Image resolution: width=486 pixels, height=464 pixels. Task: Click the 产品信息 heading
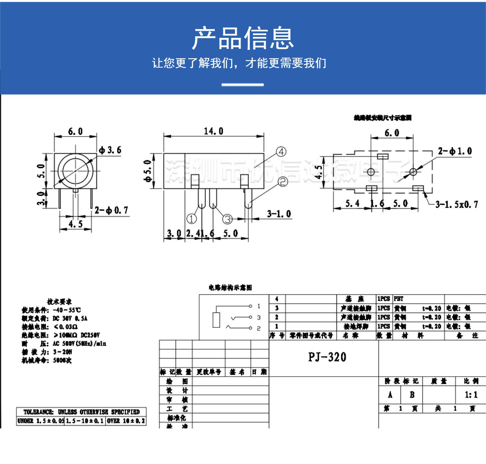point(243,38)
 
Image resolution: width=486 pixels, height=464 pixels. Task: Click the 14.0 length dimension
point(213,131)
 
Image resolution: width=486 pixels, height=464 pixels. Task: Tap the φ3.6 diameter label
point(110,150)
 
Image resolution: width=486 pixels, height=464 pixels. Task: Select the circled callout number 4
point(281,152)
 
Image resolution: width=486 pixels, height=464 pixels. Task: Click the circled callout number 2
point(283,182)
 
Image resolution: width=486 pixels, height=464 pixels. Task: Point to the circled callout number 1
point(191,219)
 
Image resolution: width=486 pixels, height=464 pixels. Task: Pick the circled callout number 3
point(228,219)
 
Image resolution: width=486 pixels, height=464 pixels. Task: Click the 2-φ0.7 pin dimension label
point(111,211)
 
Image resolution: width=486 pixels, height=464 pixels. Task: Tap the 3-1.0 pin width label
point(279,214)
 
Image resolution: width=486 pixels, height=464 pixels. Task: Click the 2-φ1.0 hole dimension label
point(455,151)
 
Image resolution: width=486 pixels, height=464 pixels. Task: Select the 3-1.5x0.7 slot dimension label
point(457,204)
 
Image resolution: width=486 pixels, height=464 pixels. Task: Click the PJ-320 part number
point(327,357)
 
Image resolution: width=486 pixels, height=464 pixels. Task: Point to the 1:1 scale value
point(471,395)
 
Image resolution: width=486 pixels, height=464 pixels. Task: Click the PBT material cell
point(399,299)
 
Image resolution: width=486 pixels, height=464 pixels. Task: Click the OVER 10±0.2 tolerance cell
point(126,421)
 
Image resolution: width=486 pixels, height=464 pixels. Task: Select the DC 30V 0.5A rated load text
point(70,318)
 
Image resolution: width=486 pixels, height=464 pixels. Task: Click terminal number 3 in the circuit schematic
point(259,317)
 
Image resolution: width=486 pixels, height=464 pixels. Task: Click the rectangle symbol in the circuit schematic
point(216,320)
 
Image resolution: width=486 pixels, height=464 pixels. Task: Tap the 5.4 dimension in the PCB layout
point(352,204)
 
